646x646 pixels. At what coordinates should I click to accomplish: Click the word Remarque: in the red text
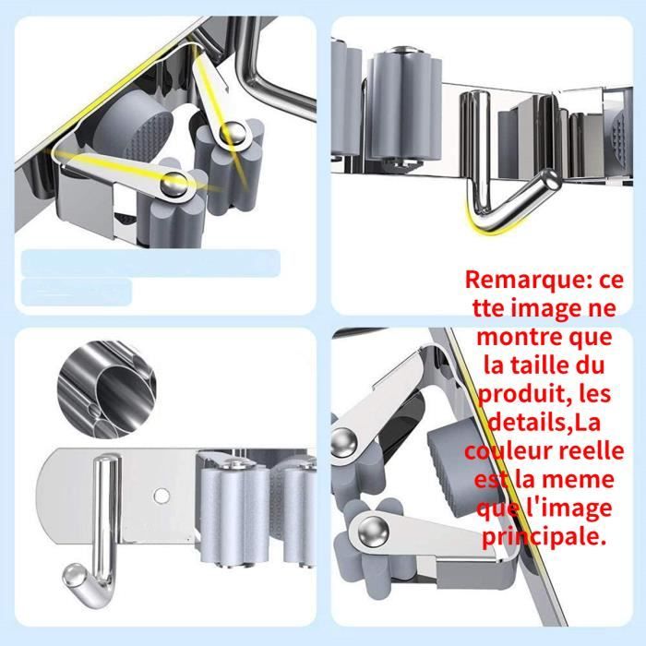pyautogui.click(x=519, y=279)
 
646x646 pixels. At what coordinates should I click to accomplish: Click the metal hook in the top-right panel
pyautogui.click(x=498, y=175)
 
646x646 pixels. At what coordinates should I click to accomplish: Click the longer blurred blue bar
pyautogui.click(x=149, y=262)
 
